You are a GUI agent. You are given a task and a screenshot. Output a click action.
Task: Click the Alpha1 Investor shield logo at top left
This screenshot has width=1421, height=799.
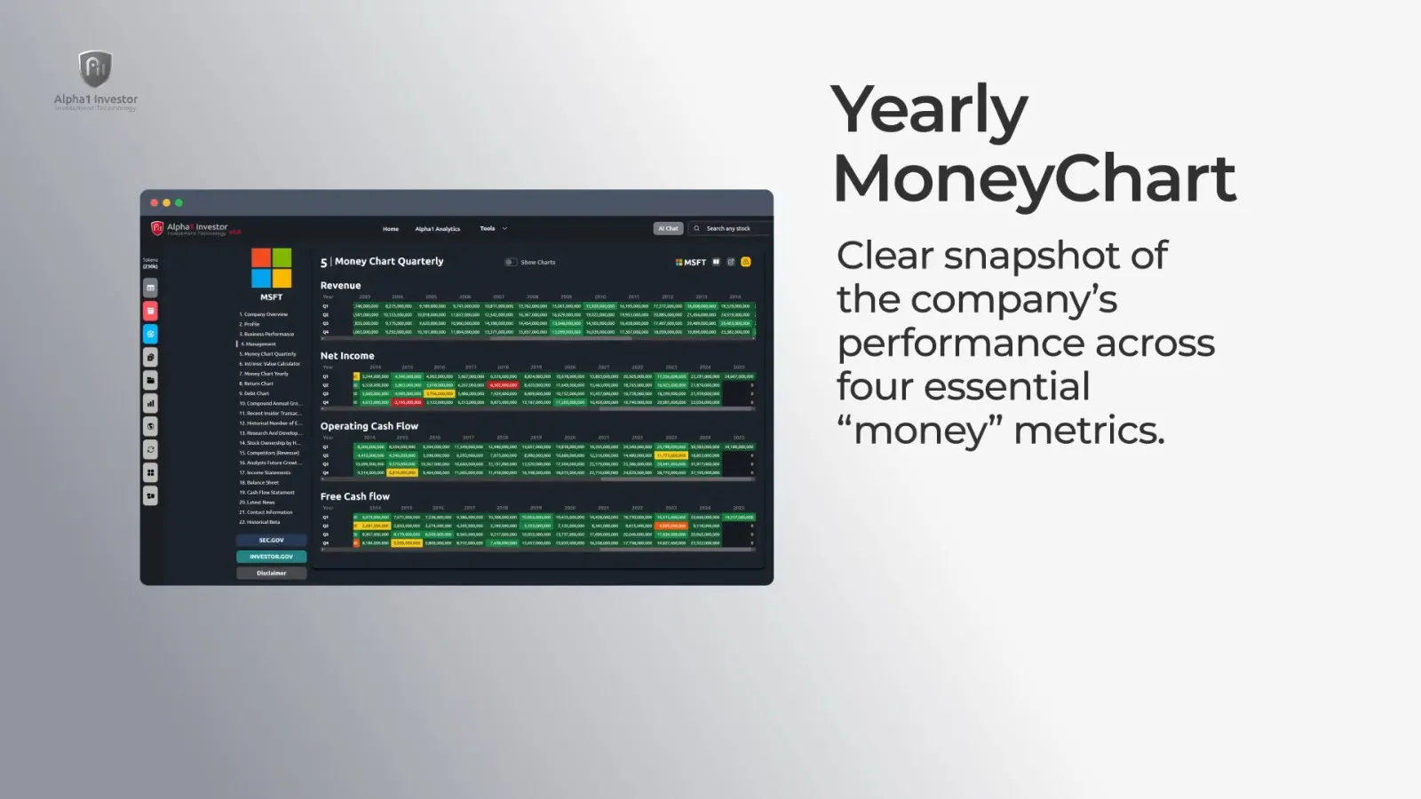[x=95, y=69]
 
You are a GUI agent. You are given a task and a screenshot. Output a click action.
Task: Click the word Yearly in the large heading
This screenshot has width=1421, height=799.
[x=929, y=110]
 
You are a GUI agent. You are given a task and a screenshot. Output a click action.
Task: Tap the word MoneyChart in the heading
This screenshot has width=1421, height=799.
[x=1034, y=178]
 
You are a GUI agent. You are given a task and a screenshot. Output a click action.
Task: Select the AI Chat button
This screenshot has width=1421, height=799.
[x=668, y=228]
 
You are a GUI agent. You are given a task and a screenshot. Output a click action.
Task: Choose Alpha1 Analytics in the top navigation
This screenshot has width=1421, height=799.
[x=438, y=229]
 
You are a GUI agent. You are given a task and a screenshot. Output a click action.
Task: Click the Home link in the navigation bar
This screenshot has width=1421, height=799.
[x=391, y=229]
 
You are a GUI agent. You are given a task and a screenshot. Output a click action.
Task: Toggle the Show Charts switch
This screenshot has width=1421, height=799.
[x=511, y=262]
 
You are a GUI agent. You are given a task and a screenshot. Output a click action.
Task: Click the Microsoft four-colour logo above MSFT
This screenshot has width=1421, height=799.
[x=271, y=268]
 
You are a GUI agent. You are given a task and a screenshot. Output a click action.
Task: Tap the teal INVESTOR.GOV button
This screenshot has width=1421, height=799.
[x=272, y=557]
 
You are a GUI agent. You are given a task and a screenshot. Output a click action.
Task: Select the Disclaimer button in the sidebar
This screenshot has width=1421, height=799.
[x=272, y=574]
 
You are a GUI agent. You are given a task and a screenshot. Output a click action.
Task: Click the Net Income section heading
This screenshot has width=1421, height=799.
[x=347, y=356]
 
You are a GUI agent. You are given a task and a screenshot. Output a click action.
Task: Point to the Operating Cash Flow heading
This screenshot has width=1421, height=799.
[x=369, y=426]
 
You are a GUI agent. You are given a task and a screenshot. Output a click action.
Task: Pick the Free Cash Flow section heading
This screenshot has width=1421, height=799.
[x=355, y=496]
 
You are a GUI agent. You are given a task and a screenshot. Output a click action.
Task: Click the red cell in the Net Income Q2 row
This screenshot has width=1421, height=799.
[x=503, y=385]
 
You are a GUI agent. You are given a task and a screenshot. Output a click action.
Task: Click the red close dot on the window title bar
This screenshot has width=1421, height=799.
[x=154, y=203]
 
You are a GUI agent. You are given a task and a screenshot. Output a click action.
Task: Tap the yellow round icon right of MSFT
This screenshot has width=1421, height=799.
[x=746, y=262]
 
